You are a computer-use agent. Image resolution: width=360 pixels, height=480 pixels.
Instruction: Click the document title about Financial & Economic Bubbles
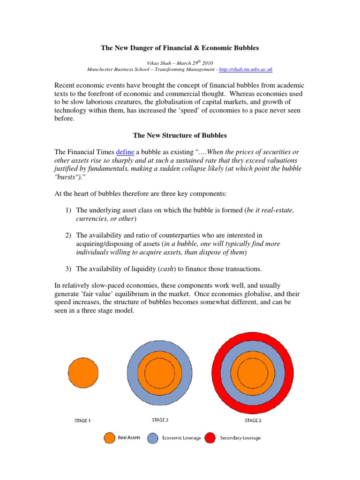coord(180,48)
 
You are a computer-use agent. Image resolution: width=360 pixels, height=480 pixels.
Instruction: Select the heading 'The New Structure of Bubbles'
coord(180,135)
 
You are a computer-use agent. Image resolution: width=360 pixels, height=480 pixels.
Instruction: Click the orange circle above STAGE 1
coord(83,373)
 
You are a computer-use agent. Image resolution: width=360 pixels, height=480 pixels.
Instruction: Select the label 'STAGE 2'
coord(160,420)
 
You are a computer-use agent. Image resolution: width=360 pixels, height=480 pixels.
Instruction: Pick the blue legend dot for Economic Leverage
coord(153,438)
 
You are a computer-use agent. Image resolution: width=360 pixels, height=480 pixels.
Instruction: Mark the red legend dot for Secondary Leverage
coord(210,438)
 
